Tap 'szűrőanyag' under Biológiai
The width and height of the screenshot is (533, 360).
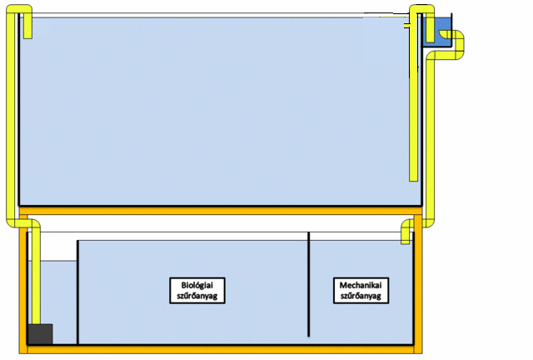198,295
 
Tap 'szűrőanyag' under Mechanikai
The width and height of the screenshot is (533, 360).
361,295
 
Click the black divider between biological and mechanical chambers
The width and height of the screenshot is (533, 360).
309,283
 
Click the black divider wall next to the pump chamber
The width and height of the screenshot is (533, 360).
77,292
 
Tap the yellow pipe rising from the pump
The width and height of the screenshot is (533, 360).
36,275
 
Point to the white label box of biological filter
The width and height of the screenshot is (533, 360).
198,289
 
